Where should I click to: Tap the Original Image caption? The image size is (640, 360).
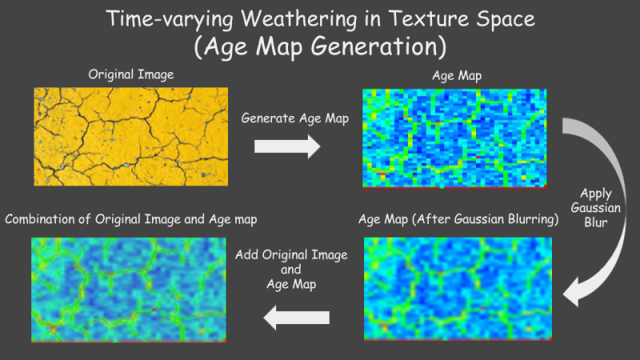point(131,74)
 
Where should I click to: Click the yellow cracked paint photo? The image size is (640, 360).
point(131,136)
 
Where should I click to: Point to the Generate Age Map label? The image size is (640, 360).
point(294,118)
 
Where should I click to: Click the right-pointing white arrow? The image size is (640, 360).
point(287,146)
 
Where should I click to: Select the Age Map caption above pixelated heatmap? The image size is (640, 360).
point(457,76)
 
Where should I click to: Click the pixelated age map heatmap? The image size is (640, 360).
point(454,138)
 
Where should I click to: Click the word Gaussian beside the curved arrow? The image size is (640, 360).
point(595,208)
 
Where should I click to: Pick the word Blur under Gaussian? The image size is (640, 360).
point(595,222)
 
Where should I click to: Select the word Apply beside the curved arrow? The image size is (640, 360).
point(596,194)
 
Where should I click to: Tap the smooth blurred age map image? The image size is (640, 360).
point(458,289)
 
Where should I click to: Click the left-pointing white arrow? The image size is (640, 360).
point(297,318)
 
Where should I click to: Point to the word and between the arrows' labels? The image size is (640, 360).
point(290,270)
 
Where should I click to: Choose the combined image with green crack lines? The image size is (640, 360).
point(129,290)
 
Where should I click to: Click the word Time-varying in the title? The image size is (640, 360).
point(170,19)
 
